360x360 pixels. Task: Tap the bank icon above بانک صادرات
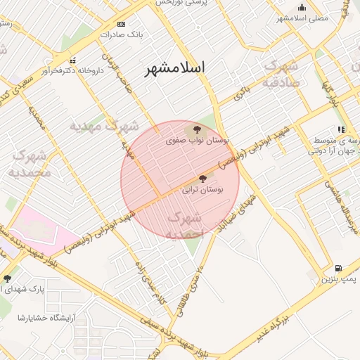121,23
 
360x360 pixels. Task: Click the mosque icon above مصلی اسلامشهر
302,7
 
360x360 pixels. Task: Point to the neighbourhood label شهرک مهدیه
104,127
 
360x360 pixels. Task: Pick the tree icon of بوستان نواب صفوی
195,129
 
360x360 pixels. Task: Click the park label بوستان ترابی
202,190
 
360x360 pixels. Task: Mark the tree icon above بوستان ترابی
203,179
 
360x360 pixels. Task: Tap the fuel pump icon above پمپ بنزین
339,268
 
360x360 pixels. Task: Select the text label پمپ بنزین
340,279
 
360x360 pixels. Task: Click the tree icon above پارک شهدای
7,278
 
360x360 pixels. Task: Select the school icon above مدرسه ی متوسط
341,129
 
